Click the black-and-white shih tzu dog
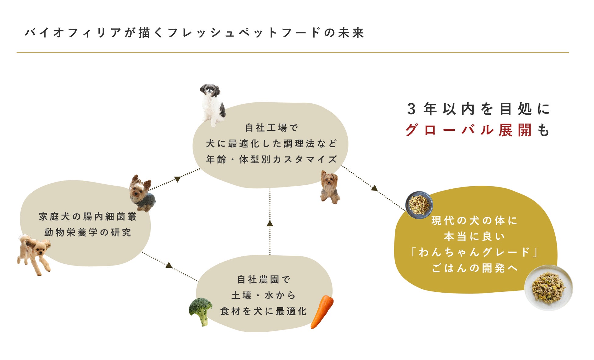click(212, 104)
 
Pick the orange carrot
click(322, 311)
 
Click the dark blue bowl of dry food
click(419, 205)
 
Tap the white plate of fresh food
click(548, 287)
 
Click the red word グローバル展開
click(469, 130)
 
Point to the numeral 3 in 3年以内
click(411, 109)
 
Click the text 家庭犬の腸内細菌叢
click(88, 217)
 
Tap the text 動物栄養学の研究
click(88, 233)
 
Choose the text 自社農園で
click(264, 280)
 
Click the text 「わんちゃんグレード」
click(474, 252)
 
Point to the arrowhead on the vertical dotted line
click(270, 224)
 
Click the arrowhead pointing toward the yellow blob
click(374, 188)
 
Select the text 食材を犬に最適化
click(264, 311)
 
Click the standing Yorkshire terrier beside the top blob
click(330, 187)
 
